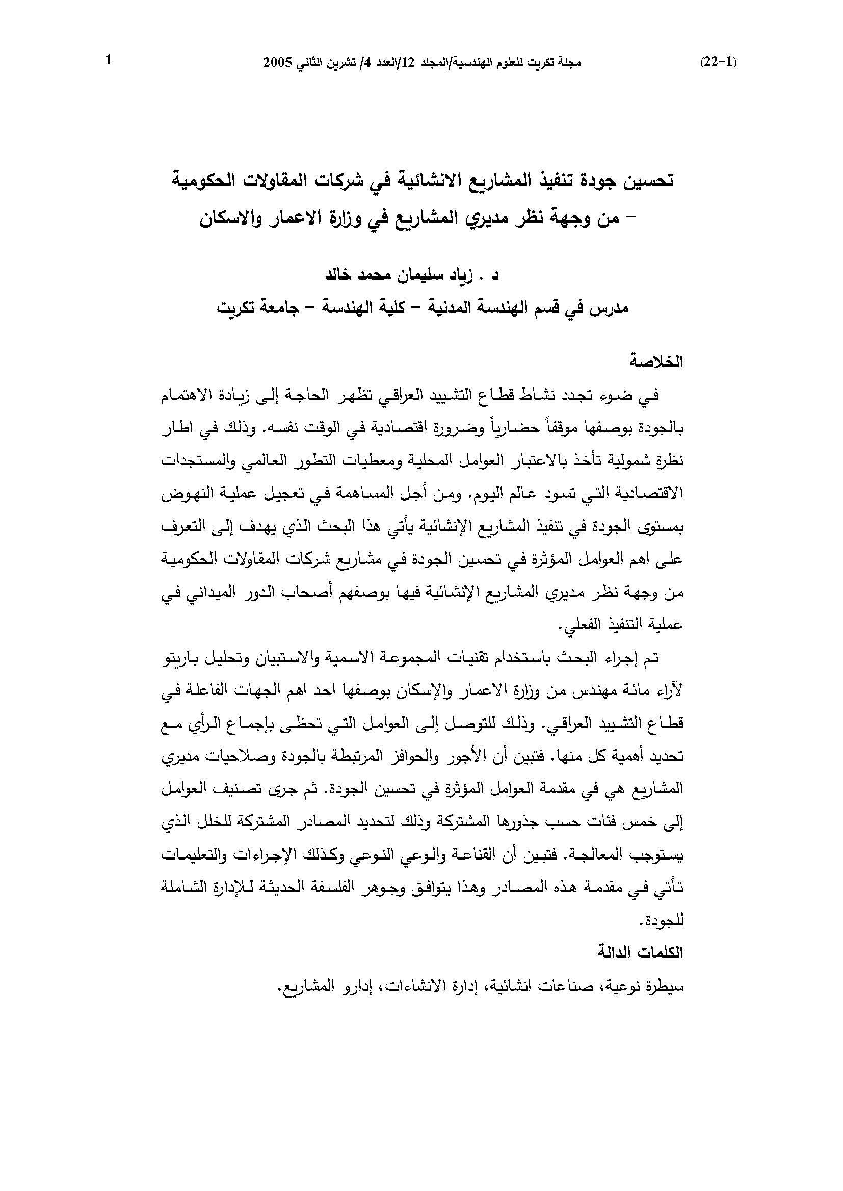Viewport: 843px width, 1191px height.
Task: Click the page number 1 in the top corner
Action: click(x=109, y=61)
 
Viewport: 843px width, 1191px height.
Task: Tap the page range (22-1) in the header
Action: click(x=719, y=63)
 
